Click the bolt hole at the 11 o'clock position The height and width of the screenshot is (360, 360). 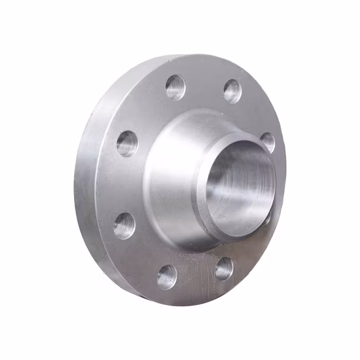(175, 87)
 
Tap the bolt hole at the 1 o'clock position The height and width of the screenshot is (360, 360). (232, 91)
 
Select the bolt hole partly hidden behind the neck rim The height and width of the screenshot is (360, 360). (268, 142)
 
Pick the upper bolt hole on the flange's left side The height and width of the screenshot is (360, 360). (128, 143)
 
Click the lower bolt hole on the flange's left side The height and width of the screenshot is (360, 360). (124, 225)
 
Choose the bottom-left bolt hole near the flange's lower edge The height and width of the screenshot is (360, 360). (167, 276)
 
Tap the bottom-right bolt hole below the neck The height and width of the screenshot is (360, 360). (223, 268)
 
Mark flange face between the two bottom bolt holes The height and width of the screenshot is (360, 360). (195, 278)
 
